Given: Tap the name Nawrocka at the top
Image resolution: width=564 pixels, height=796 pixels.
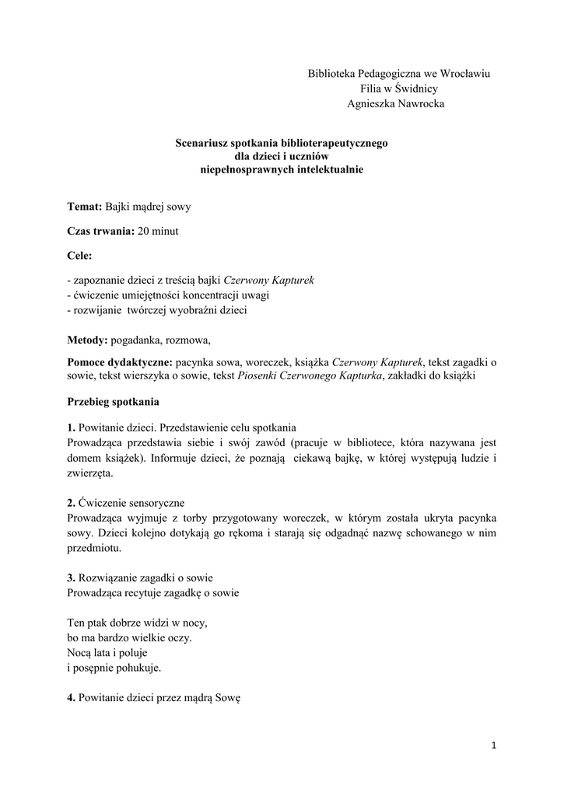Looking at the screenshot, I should [416, 103].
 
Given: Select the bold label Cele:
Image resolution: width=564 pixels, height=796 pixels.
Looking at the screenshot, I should [79, 255].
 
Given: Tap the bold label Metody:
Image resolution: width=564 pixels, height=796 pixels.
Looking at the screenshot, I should [88, 340].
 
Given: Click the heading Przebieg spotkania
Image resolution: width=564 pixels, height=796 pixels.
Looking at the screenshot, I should [114, 402].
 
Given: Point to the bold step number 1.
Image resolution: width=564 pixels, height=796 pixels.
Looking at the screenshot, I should [71, 428].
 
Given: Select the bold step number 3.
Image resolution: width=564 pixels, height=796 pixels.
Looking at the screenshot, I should [71, 578].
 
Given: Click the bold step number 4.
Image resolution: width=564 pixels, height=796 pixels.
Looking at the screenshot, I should [71, 698].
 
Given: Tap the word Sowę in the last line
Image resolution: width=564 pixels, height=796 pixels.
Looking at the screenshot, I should [229, 698].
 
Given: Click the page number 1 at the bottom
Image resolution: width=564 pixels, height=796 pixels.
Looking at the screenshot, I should [493, 745].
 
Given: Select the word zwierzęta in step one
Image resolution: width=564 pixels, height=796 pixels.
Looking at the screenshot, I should [89, 473].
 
